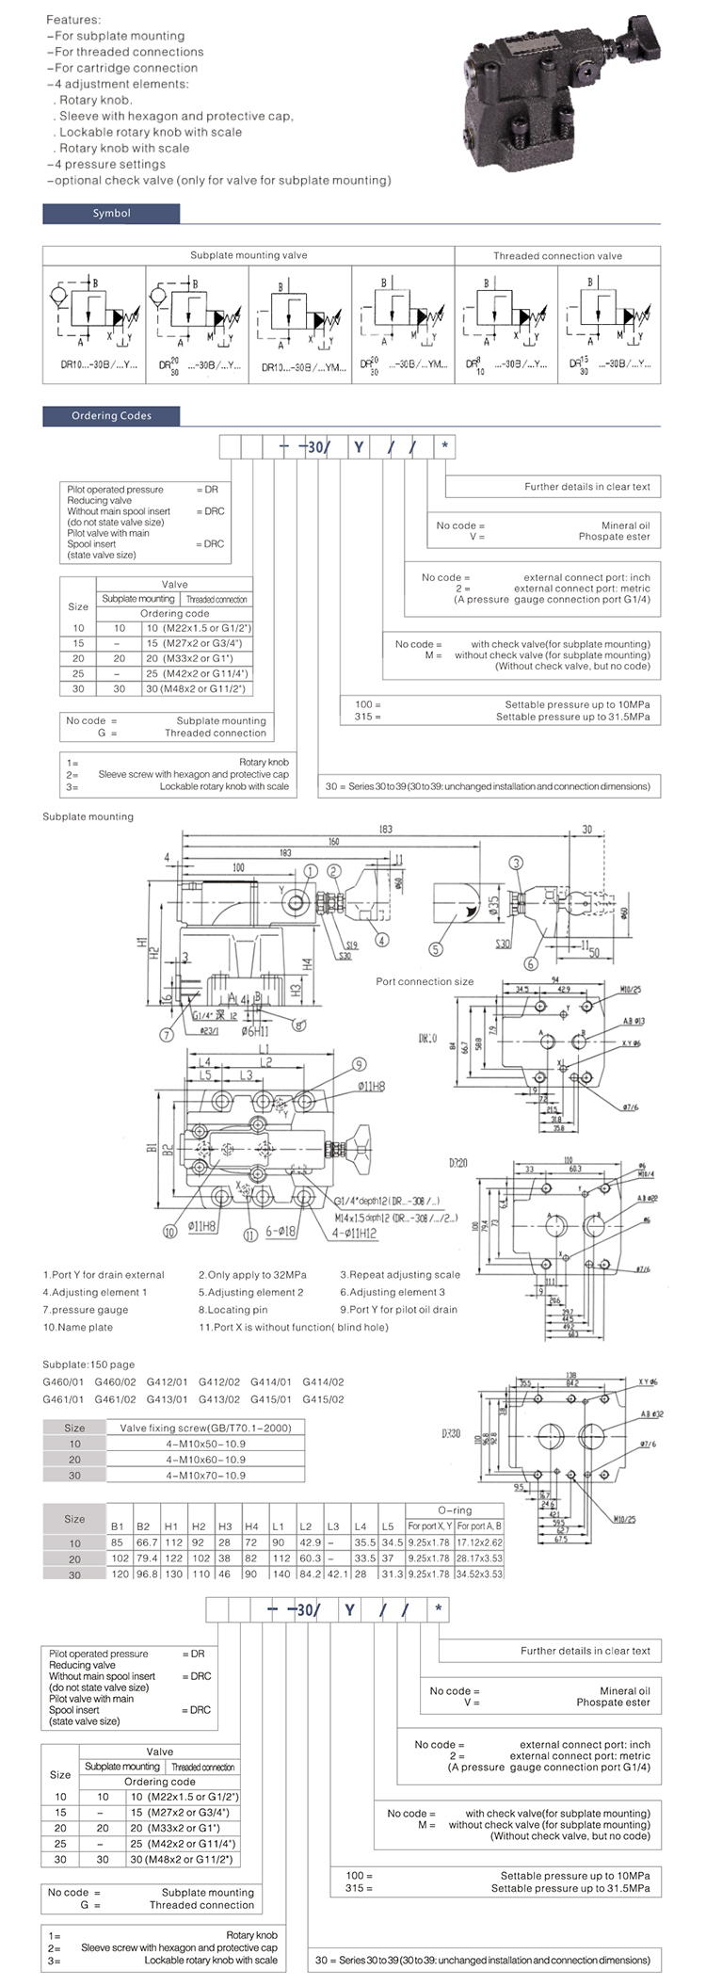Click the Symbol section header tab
111,214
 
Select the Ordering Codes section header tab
111,415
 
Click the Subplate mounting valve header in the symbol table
249,255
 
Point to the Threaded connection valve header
557,255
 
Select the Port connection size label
425,981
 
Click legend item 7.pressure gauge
86,1309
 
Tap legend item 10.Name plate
77,1327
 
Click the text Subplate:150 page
88,1364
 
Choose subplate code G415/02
323,1399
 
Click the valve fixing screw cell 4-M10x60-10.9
205,1459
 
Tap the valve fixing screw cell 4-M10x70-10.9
205,1475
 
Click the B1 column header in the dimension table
118,1526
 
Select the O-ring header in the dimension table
455,1510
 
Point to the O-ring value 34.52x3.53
479,1573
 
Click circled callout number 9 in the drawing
359,1065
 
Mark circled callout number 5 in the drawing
436,949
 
